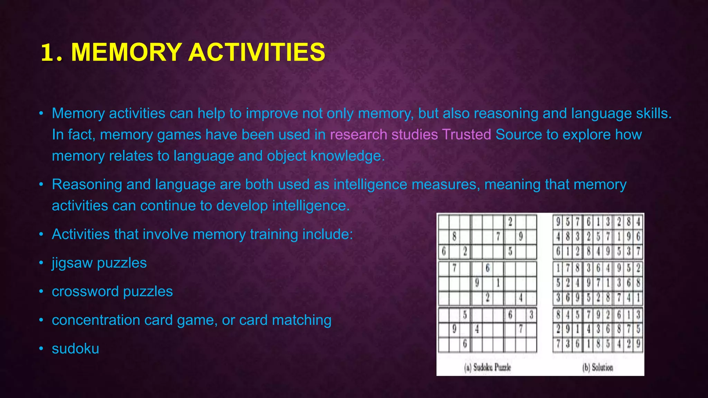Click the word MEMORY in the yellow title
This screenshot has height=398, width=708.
point(126,53)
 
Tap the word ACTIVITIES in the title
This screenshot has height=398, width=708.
point(257,53)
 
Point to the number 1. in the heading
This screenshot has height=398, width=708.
point(52,53)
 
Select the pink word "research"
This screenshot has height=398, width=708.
point(358,135)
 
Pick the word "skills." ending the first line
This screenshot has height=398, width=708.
point(654,113)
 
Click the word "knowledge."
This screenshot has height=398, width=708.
point(347,156)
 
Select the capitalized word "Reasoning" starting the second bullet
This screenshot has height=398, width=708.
point(87,184)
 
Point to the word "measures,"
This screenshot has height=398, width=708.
point(446,184)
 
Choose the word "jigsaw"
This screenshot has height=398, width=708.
point(72,263)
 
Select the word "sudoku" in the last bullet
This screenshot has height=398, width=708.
point(75,349)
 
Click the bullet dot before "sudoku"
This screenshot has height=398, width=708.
point(41,349)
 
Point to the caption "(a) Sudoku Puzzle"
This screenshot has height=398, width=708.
point(487,367)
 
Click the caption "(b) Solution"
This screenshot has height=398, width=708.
point(597,367)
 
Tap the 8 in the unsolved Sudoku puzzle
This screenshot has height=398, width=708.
point(454,237)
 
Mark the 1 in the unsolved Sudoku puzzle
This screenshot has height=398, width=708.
point(498,283)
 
